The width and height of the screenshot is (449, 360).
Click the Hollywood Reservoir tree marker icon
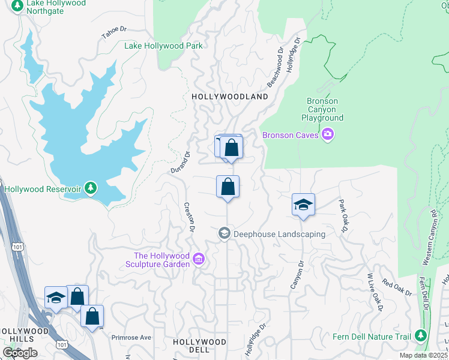pos(90,188)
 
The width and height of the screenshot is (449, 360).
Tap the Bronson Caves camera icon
pos(328,134)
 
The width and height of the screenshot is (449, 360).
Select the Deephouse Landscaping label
pos(279,234)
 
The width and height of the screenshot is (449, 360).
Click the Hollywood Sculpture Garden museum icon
pos(199,260)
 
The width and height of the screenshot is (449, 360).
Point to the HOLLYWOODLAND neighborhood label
pos(229,97)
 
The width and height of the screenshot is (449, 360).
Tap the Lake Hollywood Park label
pos(163,46)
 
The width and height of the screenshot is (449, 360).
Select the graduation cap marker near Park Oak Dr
pos(303,205)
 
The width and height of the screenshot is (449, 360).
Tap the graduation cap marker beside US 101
pos(56,298)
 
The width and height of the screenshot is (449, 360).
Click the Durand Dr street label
pos(180,162)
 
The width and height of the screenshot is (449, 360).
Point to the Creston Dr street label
pos(189,217)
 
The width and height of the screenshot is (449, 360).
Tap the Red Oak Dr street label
pos(397,289)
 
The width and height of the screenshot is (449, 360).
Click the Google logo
pos(20,352)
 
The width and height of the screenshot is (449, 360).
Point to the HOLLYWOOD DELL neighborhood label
pos(199,345)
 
